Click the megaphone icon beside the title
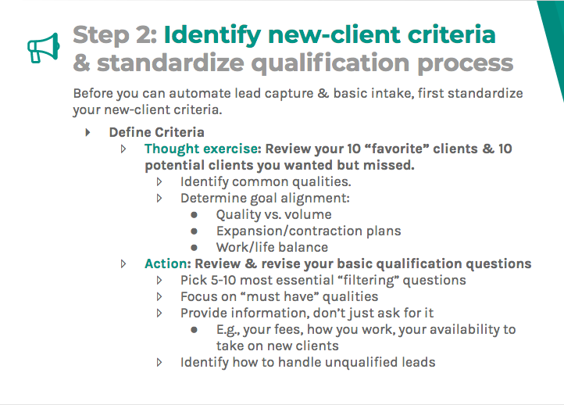pos(44,47)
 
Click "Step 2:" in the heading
pos(114,35)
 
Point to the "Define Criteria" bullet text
pos(156,132)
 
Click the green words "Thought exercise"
pos(201,149)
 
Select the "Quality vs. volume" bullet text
pos(273,214)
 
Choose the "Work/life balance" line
pos(272,247)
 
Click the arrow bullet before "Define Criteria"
pos(87,132)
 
